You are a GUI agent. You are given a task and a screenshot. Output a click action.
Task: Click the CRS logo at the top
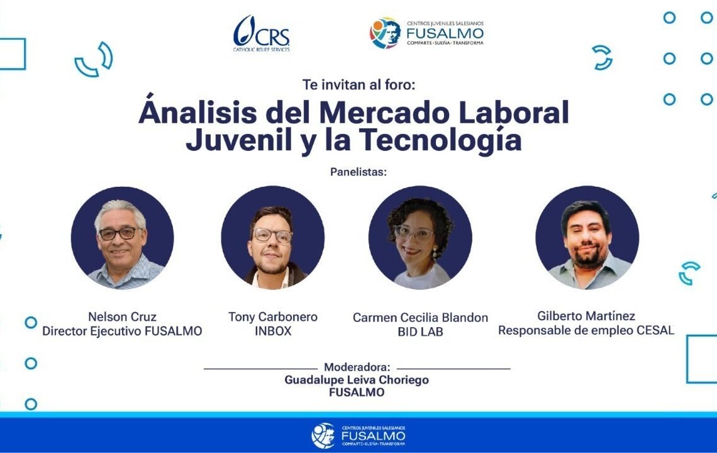pos(261,33)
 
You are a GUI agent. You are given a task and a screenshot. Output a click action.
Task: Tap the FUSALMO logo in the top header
pos(426,33)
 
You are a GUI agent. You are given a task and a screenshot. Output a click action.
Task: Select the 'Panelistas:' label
pos(358,171)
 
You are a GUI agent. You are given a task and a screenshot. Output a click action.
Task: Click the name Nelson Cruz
pos(122,316)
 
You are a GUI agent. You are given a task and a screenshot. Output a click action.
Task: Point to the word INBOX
pos(272,331)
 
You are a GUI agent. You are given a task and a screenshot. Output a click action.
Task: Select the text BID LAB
pos(420,332)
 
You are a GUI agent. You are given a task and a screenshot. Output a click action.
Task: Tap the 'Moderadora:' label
pos(357,367)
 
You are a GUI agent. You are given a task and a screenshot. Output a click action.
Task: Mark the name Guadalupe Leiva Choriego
pos(357,380)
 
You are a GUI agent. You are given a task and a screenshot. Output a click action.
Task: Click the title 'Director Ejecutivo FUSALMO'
pos(122,331)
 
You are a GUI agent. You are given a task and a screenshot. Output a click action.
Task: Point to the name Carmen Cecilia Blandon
pos(420,318)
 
